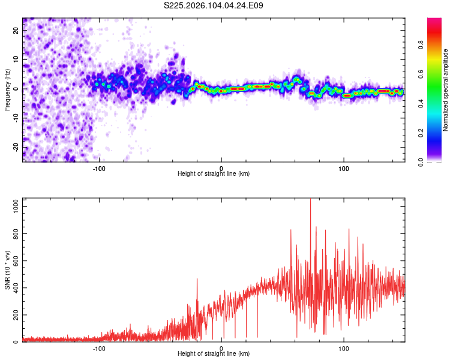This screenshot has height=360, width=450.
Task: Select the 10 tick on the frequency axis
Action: tap(16, 60)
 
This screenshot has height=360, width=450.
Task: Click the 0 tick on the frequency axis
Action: tap(16, 89)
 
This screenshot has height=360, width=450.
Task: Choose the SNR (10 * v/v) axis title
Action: tap(7, 270)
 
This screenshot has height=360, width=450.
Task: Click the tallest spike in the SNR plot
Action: tap(310, 200)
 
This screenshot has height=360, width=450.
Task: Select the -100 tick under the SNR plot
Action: tap(99, 349)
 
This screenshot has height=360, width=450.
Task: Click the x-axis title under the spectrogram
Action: tap(214, 173)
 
